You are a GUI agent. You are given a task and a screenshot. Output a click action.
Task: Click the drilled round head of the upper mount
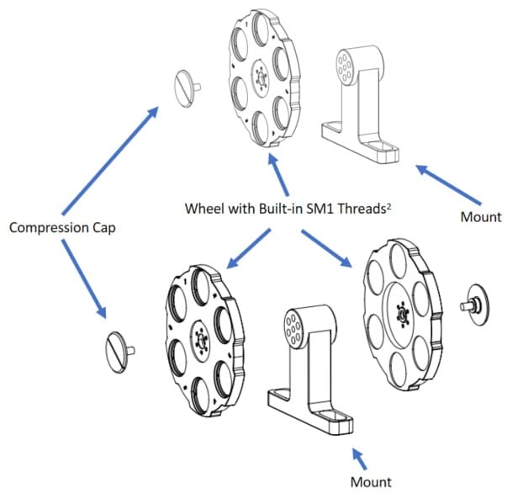(x=345, y=64)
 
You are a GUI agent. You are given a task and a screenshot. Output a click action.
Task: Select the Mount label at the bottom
(x=370, y=481)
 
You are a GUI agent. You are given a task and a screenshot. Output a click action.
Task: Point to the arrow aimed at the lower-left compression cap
(x=83, y=278)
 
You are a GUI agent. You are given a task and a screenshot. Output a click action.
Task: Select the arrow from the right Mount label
(x=450, y=185)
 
